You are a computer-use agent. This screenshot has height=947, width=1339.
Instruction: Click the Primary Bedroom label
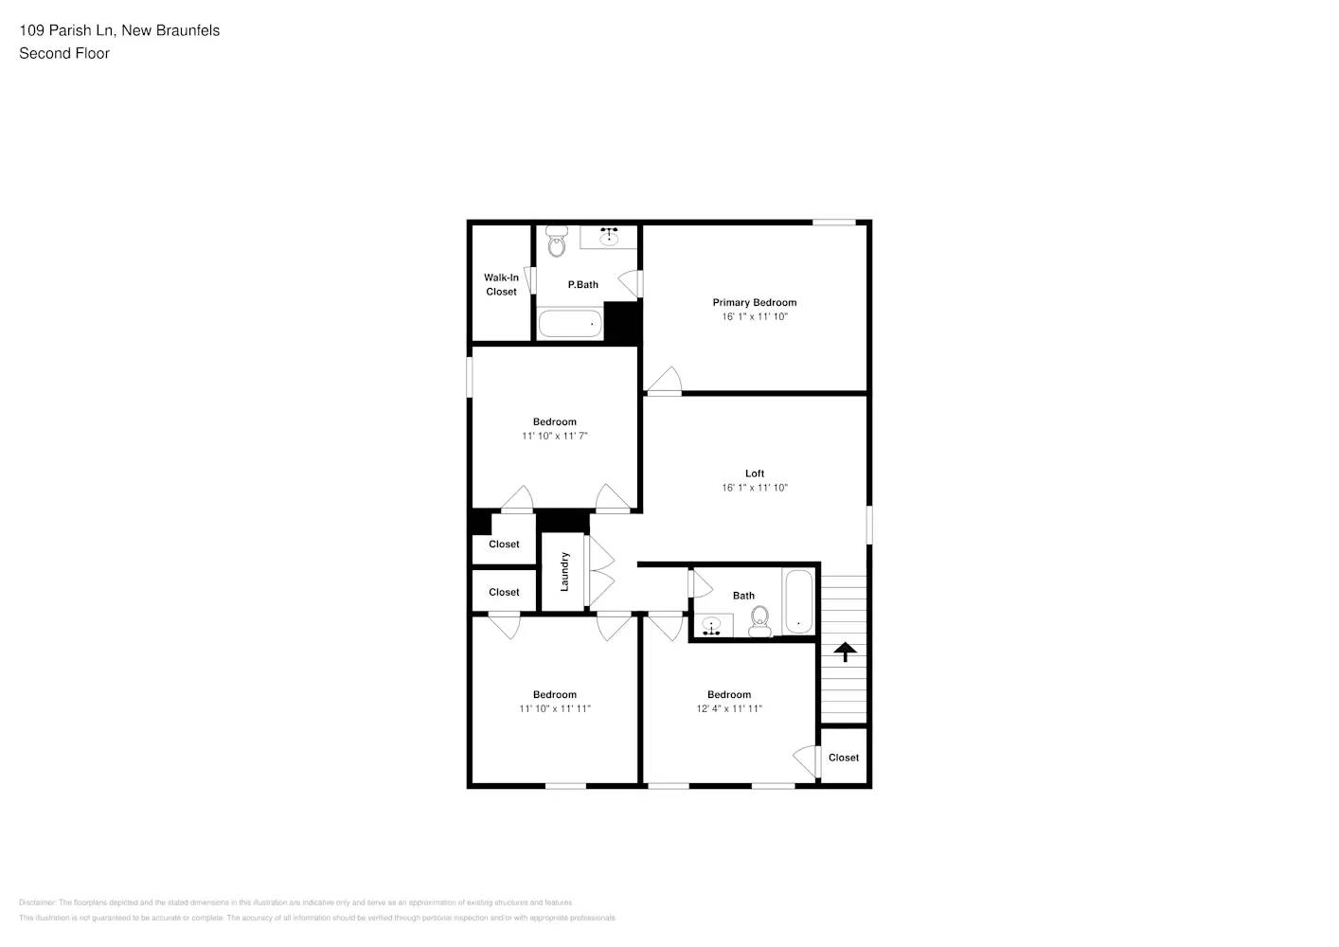[x=754, y=303]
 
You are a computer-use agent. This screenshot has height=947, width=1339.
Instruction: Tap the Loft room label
[x=754, y=473]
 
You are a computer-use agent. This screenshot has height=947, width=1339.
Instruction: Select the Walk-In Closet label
[x=501, y=284]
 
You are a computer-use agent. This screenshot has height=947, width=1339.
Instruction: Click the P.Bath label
[x=582, y=285]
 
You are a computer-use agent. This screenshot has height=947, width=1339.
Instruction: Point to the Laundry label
[x=564, y=572]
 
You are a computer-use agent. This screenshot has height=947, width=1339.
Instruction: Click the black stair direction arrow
[x=845, y=652]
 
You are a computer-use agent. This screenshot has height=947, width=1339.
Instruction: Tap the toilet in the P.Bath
[x=557, y=244]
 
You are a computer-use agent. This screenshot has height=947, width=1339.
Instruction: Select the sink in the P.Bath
[x=608, y=236]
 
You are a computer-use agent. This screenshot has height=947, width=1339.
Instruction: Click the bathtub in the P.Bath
[x=570, y=324]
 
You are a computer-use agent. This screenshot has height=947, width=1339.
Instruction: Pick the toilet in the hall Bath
[x=759, y=622]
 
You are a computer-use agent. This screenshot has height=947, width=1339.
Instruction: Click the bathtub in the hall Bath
[x=797, y=601]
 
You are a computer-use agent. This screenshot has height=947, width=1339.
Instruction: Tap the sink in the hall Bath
[x=712, y=626]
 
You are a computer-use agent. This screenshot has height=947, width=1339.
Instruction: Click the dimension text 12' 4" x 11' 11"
[x=728, y=708]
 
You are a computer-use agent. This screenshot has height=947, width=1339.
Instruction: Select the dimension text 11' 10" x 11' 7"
[x=554, y=436]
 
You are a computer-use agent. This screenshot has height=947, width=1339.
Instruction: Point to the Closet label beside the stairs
[x=843, y=758]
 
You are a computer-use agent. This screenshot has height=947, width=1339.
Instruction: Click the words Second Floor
[x=64, y=54]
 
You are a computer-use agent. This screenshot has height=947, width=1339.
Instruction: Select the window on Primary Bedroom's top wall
[x=833, y=223]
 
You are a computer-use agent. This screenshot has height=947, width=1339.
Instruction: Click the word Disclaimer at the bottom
[x=37, y=902]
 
